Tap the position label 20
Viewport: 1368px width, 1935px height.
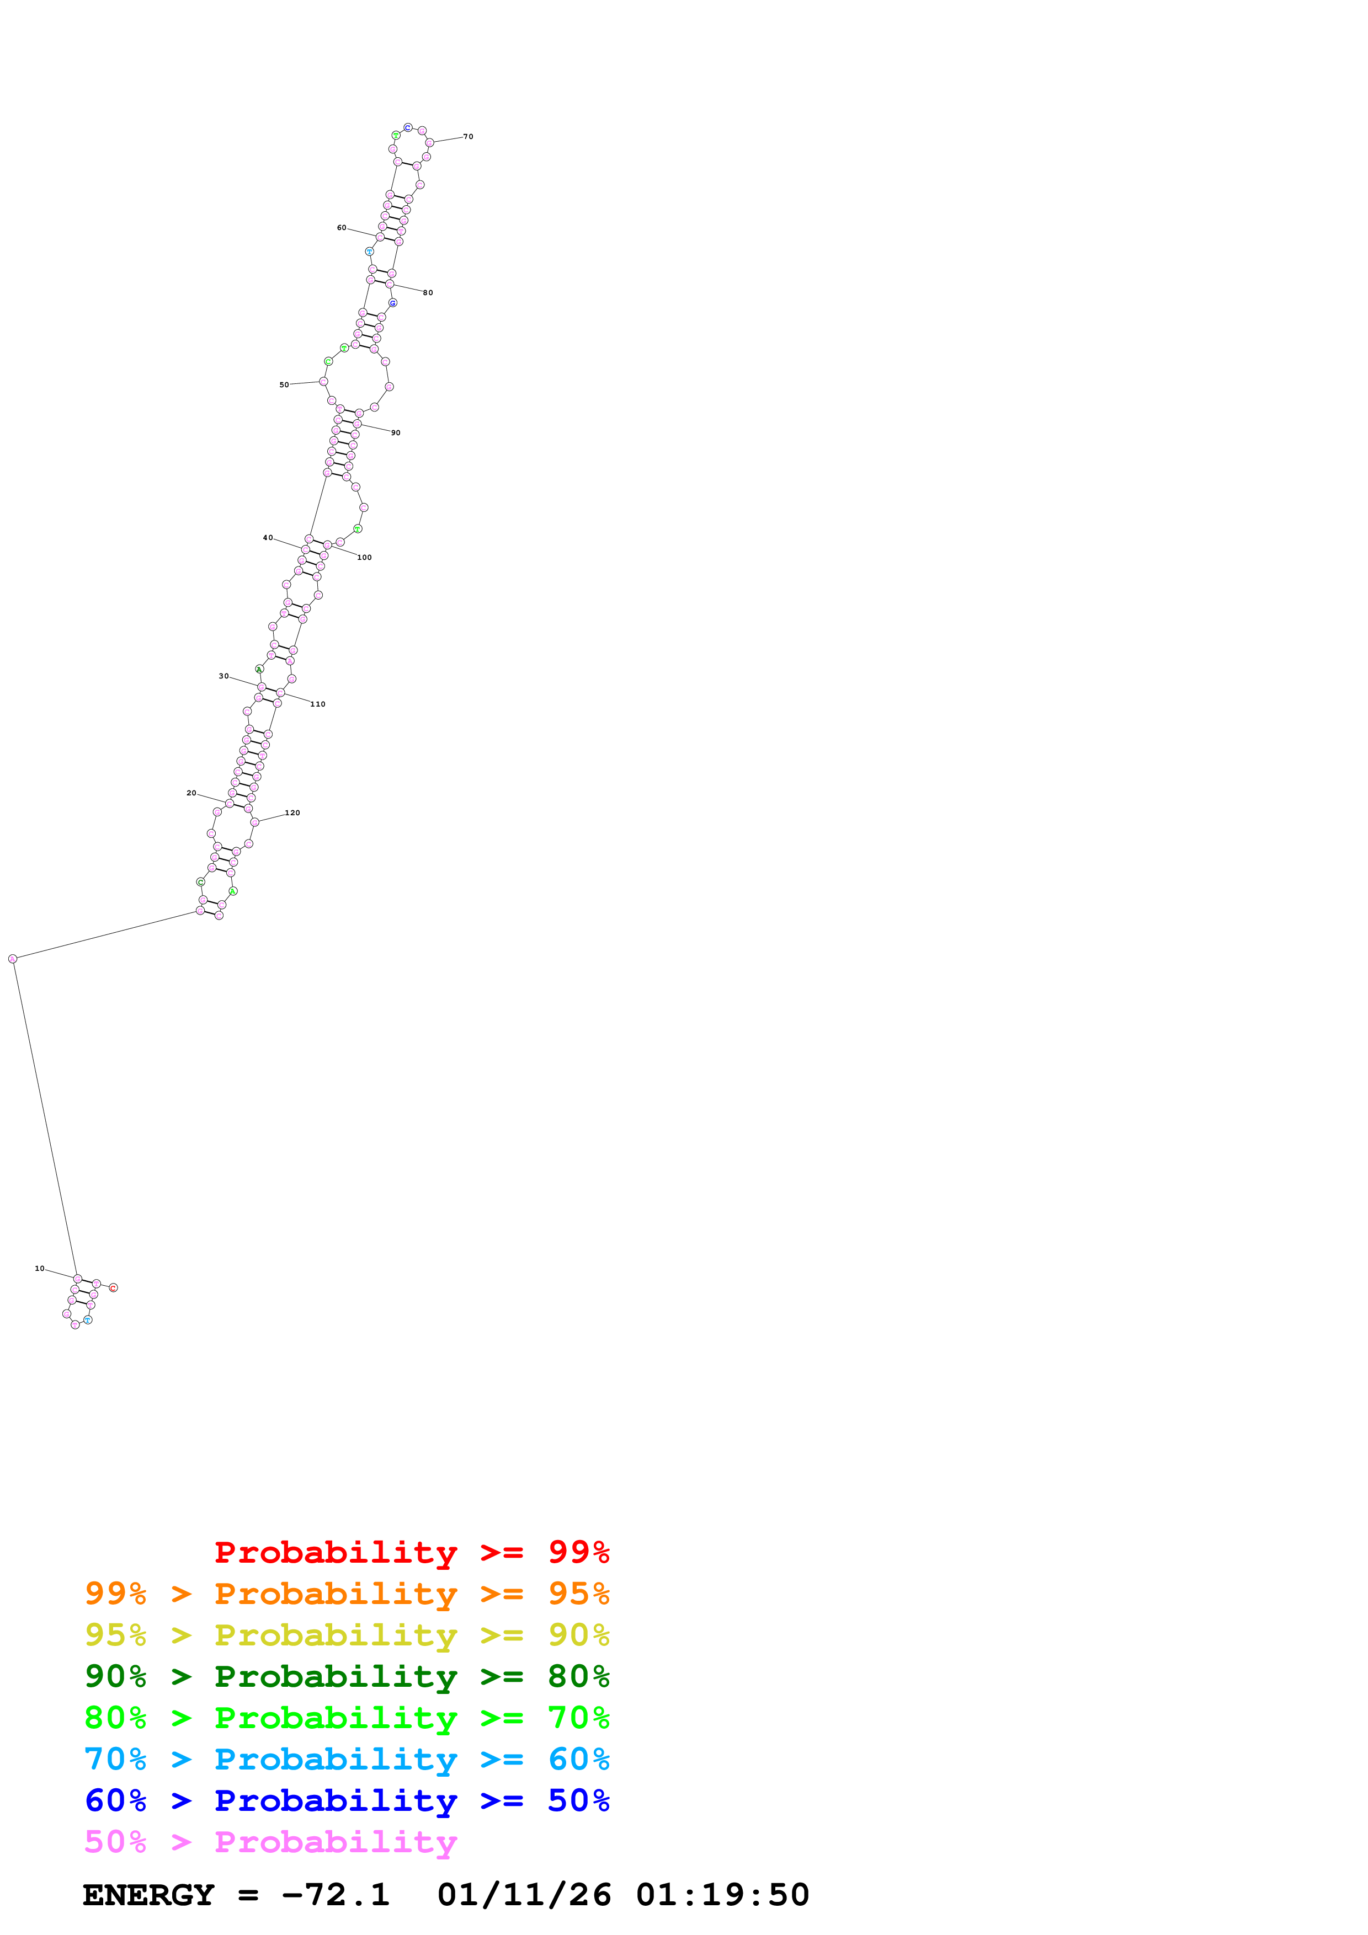coord(191,793)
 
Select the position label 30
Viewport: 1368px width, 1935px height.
coord(223,676)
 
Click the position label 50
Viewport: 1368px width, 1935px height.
coord(284,385)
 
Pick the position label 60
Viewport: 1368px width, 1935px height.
coord(342,228)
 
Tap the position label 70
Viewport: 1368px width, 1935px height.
coord(468,137)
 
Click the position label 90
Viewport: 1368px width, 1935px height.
coord(395,433)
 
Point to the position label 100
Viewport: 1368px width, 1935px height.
coord(364,558)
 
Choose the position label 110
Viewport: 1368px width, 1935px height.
coord(318,704)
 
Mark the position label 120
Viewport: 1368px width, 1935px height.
coord(292,813)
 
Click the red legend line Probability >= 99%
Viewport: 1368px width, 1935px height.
coord(411,1552)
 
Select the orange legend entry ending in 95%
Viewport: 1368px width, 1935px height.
coord(347,1594)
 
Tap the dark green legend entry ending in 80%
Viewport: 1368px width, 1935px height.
coord(347,1676)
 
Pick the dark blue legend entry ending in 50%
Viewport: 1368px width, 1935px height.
coord(347,1801)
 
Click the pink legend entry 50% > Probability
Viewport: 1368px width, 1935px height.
coord(270,1842)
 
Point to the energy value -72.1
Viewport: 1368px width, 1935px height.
coord(336,1895)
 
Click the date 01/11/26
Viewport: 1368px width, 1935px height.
coord(524,1895)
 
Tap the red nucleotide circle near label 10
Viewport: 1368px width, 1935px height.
coord(114,1288)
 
